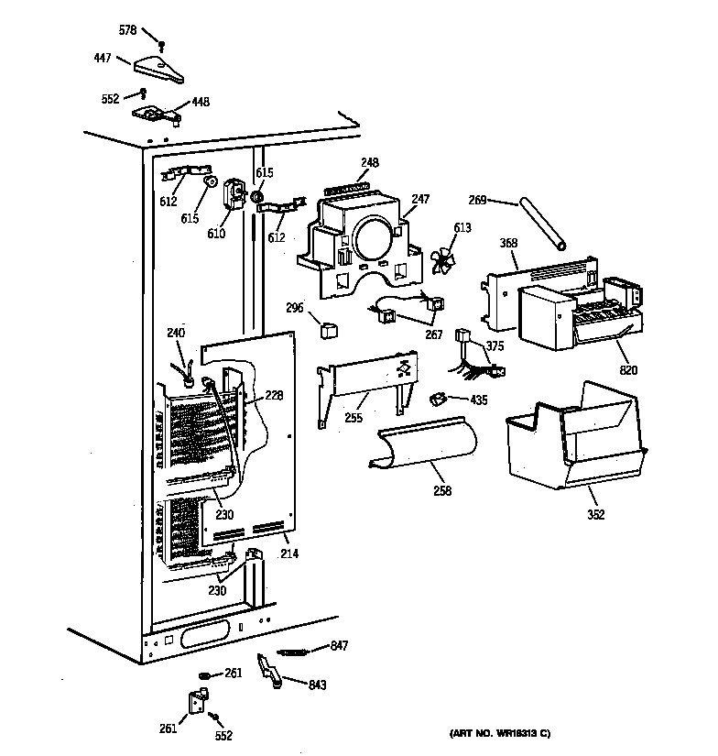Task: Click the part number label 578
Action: pyautogui.click(x=127, y=30)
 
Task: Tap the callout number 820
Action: pyautogui.click(x=628, y=370)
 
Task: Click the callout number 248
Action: pyautogui.click(x=369, y=163)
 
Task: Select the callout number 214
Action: pyautogui.click(x=290, y=553)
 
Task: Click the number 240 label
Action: pyautogui.click(x=175, y=333)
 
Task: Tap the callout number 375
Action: pyautogui.click(x=495, y=345)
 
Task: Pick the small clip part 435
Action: pyautogui.click(x=438, y=398)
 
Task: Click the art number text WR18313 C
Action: pyautogui.click(x=499, y=733)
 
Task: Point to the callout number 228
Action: pyautogui.click(x=274, y=396)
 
